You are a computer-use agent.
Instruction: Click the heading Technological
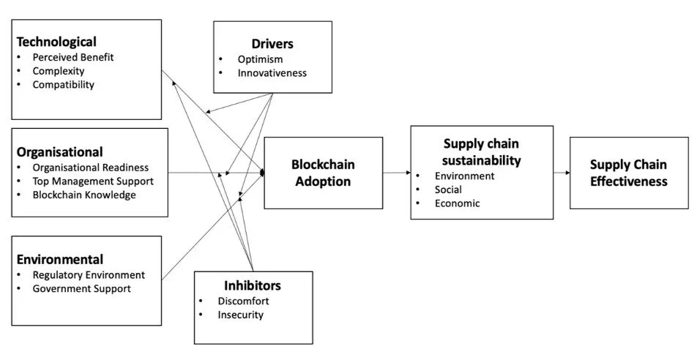point(56,42)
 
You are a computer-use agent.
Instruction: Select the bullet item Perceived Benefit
point(73,57)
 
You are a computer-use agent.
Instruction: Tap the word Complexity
point(59,71)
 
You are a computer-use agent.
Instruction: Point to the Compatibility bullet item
point(64,84)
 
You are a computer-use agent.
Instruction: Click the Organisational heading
point(59,152)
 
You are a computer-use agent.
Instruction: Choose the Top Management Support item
point(93,181)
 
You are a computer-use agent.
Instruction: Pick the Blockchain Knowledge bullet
point(84,195)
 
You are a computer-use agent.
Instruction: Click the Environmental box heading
point(59,259)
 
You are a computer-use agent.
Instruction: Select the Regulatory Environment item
point(89,274)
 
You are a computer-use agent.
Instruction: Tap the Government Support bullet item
point(81,288)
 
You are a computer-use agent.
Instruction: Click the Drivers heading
point(272,44)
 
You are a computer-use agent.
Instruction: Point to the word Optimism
point(260,59)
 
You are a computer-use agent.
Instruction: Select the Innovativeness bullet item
point(272,73)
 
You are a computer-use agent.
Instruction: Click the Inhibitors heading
point(253,285)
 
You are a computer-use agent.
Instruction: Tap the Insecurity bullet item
point(240,315)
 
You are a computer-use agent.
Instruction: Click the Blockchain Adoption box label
point(323,173)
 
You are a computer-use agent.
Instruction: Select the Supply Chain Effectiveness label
point(629,173)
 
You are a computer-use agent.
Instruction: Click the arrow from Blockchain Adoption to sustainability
point(396,173)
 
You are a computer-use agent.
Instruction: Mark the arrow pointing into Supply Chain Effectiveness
point(561,173)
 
